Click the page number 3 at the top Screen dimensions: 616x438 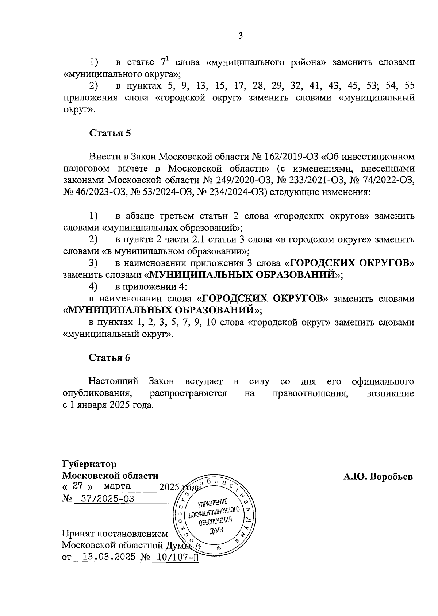click(x=240, y=36)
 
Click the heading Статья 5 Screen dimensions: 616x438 click(x=110, y=133)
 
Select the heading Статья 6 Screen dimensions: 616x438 click(x=109, y=358)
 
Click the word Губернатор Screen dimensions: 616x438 click(x=89, y=464)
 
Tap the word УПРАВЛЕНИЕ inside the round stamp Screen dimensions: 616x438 click(x=213, y=504)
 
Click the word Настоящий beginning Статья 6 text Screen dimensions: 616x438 click(x=114, y=382)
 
